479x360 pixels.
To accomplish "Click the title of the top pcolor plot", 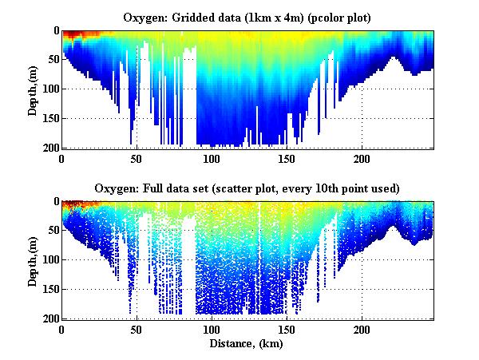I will tap(248, 17).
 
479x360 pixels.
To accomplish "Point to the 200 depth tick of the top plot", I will tap(50, 148).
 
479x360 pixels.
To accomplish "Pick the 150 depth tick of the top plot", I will tap(50, 118).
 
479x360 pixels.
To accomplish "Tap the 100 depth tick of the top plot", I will tap(50, 89).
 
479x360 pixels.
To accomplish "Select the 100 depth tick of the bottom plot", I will tap(50, 259).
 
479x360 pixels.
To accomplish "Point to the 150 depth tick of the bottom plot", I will tap(50, 289).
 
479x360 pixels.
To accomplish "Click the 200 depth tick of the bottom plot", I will tap(50, 318).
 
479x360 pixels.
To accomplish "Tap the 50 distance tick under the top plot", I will tap(137, 158).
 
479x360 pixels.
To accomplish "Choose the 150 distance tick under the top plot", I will tap(287, 158).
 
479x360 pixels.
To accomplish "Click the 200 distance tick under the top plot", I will tap(362, 158).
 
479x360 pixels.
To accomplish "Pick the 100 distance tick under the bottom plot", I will tap(212, 329).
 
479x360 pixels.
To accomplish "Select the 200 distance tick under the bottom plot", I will tap(362, 329).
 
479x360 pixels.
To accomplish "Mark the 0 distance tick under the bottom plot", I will tap(62, 329).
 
